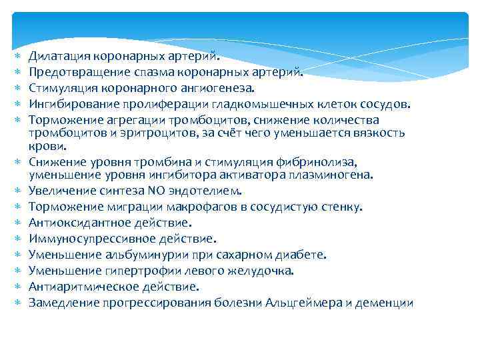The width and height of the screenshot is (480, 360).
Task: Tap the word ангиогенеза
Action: pyautogui.click(x=223, y=87)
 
